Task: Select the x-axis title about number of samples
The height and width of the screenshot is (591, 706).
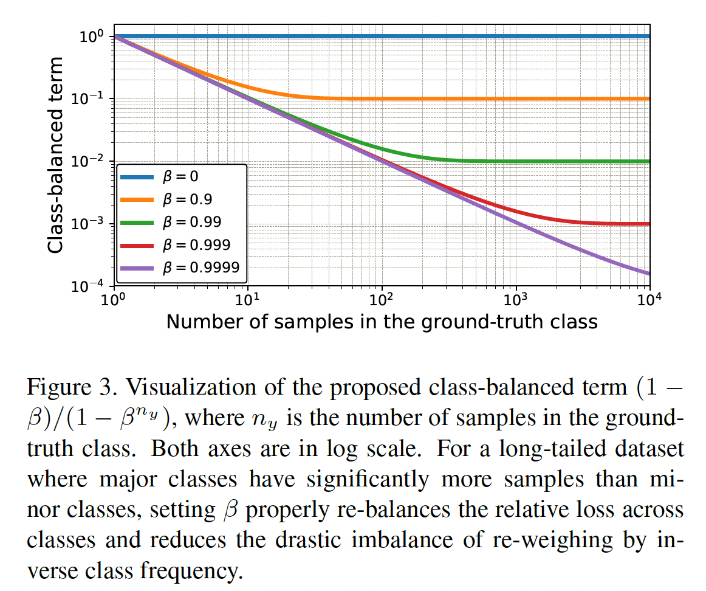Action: click(382, 321)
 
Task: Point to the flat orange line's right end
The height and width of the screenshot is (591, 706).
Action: click(648, 98)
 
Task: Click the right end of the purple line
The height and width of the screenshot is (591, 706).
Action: click(648, 273)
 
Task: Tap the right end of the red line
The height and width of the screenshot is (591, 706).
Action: click(648, 224)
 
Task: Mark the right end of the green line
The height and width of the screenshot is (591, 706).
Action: click(648, 161)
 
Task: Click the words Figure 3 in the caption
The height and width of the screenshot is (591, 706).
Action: click(66, 387)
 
